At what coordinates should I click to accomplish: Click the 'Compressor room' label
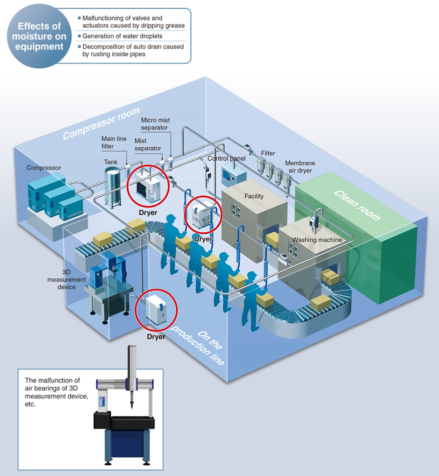tap(101, 123)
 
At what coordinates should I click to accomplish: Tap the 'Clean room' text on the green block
tap(357, 205)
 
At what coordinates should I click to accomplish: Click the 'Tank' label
tap(111, 162)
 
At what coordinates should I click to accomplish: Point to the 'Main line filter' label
tap(114, 142)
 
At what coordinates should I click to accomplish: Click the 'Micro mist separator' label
tap(155, 124)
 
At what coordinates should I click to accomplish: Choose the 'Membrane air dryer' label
tap(300, 167)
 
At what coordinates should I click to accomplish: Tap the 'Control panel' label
tap(226, 159)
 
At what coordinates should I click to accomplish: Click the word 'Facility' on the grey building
tap(254, 196)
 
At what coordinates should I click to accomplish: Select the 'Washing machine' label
tap(317, 240)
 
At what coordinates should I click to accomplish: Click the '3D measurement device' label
tap(67, 280)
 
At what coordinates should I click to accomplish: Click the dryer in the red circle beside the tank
tap(148, 186)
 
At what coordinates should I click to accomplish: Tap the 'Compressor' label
tap(44, 168)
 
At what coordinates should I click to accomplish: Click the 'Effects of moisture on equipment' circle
tap(39, 36)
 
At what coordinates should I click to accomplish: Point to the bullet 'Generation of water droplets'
tap(122, 36)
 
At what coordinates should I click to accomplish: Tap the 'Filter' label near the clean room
tap(268, 153)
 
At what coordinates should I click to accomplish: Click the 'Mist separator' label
tap(148, 145)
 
